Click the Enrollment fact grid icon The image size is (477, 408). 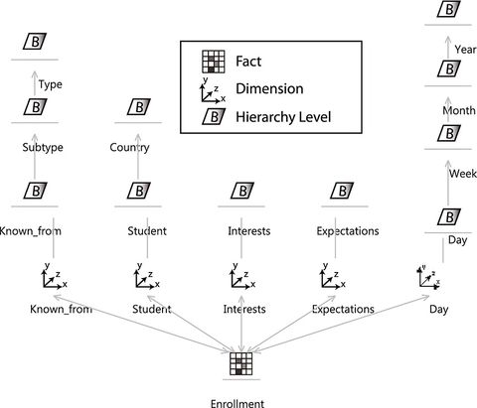pos(238,364)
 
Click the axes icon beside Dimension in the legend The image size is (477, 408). pos(212,90)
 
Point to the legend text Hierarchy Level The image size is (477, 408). pos(284,118)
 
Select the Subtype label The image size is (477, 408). pos(42,148)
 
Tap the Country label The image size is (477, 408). pos(130,148)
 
